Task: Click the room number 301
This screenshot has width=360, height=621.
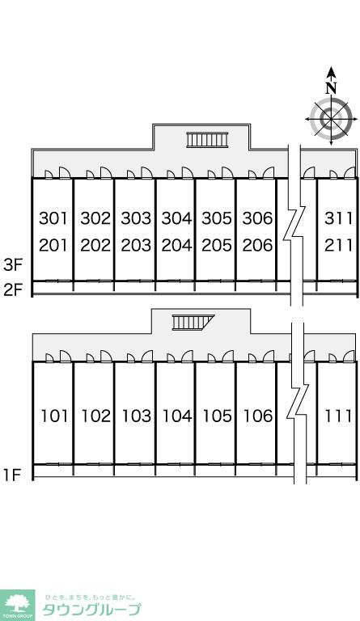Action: tap(53, 218)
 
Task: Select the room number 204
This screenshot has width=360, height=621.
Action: tap(176, 246)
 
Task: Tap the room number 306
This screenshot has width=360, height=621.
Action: tap(257, 218)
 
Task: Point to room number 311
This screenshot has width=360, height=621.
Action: tap(338, 218)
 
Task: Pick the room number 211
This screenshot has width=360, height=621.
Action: tap(338, 246)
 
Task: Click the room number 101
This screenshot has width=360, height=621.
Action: tap(55, 416)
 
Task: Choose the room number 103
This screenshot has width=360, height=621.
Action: tap(136, 416)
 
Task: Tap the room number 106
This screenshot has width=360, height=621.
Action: tap(258, 416)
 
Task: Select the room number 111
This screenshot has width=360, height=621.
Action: tap(339, 416)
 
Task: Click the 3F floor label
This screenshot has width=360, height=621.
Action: tap(12, 265)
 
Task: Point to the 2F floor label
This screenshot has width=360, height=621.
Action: tap(12, 290)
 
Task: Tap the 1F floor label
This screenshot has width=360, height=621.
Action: tap(12, 475)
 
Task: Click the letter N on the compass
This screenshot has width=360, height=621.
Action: tap(331, 87)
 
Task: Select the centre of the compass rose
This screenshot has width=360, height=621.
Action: tap(331, 118)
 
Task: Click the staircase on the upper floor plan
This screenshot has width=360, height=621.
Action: tap(208, 140)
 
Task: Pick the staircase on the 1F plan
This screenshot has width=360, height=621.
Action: tap(193, 323)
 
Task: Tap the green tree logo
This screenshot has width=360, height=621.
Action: tap(17, 605)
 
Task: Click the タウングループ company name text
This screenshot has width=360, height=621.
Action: tap(91, 610)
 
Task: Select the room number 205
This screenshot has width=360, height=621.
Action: tap(217, 246)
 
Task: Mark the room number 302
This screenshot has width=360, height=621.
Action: tap(95, 218)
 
